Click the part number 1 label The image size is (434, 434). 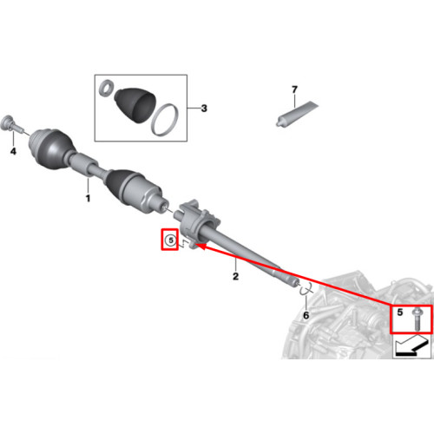pyautogui.click(x=88, y=199)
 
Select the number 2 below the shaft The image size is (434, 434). pyautogui.click(x=236, y=276)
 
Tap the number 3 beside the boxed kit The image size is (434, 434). pyautogui.click(x=204, y=108)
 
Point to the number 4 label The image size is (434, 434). pyautogui.click(x=13, y=151)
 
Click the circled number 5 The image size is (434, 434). pyautogui.click(x=171, y=240)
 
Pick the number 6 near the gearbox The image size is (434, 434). pyautogui.click(x=306, y=315)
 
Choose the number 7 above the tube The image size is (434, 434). pyautogui.click(x=294, y=89)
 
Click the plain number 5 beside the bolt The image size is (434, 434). pyautogui.click(x=400, y=312)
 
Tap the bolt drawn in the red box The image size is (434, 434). pyautogui.click(x=416, y=319)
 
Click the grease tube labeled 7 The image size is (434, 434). pyautogui.click(x=297, y=114)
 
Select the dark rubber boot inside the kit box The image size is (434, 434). pyautogui.click(x=135, y=105)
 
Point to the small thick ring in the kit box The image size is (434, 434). pyautogui.click(x=106, y=88)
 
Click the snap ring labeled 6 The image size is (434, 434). pyautogui.click(x=306, y=290)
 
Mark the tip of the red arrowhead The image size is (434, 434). pyautogui.click(x=197, y=246)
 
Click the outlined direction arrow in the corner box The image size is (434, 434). pyautogui.click(x=411, y=345)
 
